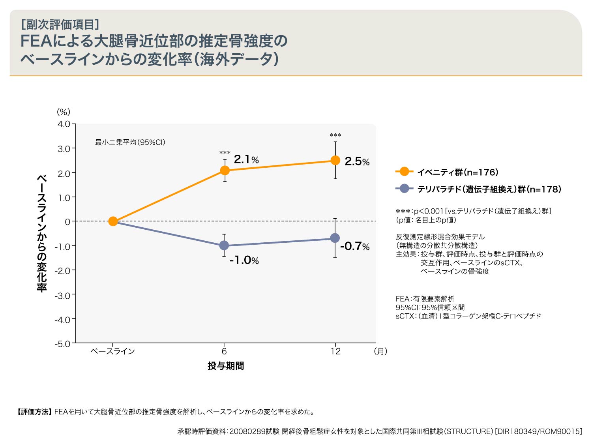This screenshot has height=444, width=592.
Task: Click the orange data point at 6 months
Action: coord(225,170)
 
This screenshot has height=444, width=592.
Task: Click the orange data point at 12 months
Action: coord(335,160)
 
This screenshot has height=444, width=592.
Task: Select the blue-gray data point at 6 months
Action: coord(224,245)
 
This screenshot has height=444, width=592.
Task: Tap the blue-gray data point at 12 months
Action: coord(335,238)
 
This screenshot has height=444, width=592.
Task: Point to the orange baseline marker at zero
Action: coord(113,221)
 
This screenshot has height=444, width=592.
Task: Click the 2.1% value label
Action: coord(246,159)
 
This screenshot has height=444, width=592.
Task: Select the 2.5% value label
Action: coord(357,161)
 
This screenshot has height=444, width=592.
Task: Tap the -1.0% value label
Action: coord(244,260)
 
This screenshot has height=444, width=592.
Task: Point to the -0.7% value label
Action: coord(354,246)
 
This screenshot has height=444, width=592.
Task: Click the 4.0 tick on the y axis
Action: coord(64,124)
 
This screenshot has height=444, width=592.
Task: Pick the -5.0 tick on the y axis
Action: coord(62,344)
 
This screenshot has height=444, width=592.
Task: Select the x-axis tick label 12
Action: coord(335,351)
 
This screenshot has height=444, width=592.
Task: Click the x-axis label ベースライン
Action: coord(113,351)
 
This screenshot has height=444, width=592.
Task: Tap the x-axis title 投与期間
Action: coord(226,366)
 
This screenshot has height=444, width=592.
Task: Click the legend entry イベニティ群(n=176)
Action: coord(457,172)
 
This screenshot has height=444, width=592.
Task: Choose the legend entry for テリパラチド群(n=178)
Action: coord(489,189)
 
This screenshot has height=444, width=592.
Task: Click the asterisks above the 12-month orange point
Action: coord(335,135)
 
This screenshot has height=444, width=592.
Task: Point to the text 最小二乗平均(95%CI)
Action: coord(130,142)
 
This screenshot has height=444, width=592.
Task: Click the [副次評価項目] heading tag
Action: coord(60,24)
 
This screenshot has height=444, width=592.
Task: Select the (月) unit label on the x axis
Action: coord(380,351)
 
